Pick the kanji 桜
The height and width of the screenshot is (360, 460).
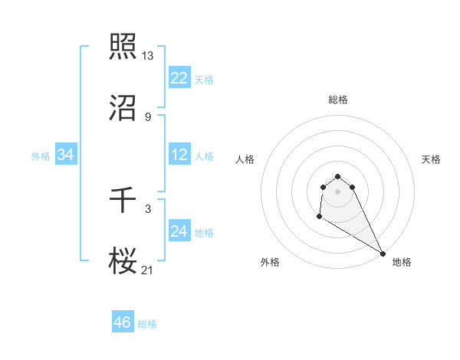pyautogui.click(x=123, y=261)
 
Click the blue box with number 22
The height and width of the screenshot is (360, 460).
pyautogui.click(x=179, y=78)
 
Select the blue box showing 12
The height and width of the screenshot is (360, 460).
pyautogui.click(x=179, y=155)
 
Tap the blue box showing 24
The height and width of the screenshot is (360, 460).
pyautogui.click(x=179, y=231)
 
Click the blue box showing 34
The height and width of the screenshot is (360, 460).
pyautogui.click(x=66, y=155)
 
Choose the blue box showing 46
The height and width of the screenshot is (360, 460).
pyautogui.click(x=123, y=322)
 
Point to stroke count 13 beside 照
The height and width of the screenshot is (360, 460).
pyautogui.click(x=148, y=55)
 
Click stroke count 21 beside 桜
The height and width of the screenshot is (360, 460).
pyautogui.click(x=148, y=270)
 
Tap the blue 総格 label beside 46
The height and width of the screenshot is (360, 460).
pyautogui.click(x=147, y=324)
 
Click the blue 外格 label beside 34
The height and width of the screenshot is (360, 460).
pyautogui.click(x=41, y=156)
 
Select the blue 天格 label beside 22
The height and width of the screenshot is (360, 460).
pyautogui.click(x=204, y=80)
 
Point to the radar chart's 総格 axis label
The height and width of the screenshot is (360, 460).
pyautogui.click(x=337, y=100)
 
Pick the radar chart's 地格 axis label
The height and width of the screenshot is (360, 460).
pyautogui.click(x=402, y=262)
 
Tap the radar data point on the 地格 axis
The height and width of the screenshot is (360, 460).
pyautogui.click(x=383, y=254)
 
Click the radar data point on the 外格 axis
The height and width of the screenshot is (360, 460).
pyautogui.click(x=319, y=217)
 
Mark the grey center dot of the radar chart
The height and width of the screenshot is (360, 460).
pyautogui.click(x=337, y=191)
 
